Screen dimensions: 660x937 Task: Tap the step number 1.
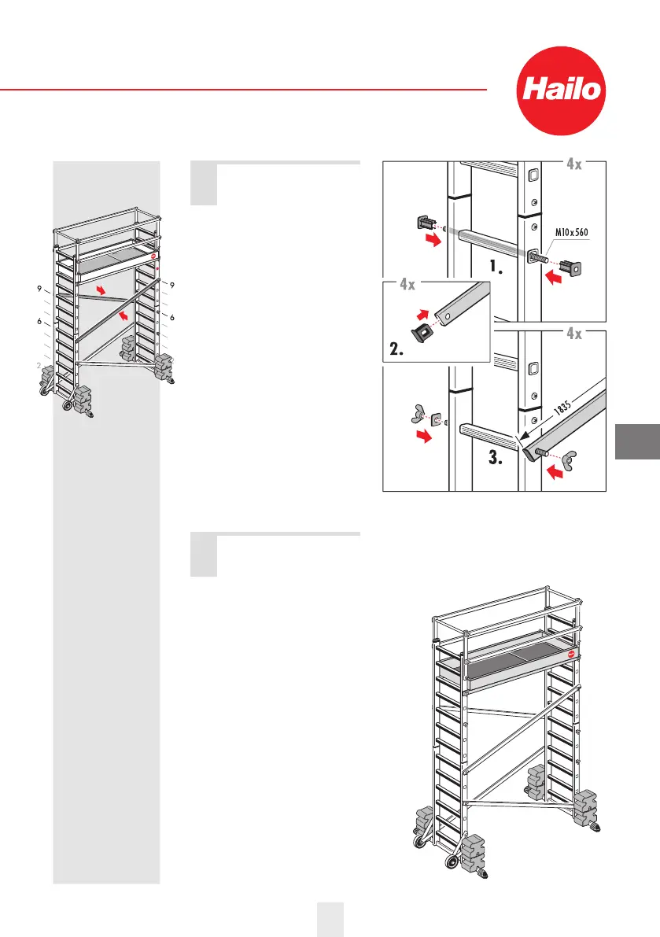tap(499, 267)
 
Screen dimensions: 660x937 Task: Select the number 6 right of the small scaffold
tap(171, 317)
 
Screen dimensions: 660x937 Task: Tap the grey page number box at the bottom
tap(330, 920)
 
